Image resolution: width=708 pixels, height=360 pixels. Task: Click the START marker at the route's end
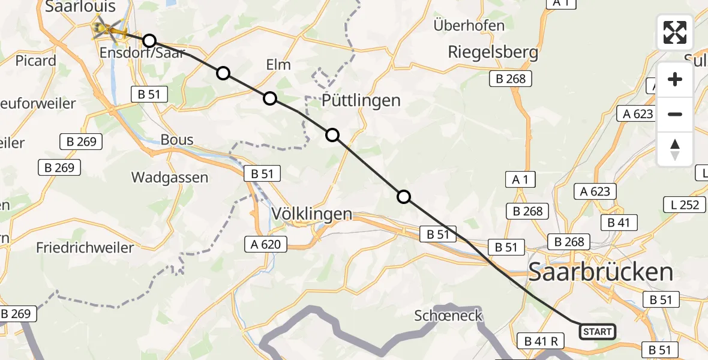[597, 332]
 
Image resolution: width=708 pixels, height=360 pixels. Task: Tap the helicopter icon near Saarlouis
[108, 28]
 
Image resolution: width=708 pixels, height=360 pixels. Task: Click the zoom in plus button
[675, 79]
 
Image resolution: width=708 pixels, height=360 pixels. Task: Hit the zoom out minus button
[675, 114]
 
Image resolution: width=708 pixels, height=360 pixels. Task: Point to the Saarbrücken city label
[601, 272]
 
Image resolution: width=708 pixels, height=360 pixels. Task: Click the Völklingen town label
[311, 214]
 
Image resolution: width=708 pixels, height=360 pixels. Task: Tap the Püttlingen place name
[361, 100]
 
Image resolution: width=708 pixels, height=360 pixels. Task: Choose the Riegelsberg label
[493, 52]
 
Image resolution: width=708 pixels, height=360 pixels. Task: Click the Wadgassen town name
[170, 178]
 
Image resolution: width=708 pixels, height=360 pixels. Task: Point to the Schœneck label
[449, 316]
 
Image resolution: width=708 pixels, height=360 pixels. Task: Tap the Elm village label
[278, 65]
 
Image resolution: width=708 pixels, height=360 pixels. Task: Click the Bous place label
[177, 140]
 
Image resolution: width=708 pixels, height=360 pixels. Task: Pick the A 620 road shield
[266, 244]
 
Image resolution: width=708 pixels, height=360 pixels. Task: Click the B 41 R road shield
[541, 341]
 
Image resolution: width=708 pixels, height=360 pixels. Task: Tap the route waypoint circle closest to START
[404, 197]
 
